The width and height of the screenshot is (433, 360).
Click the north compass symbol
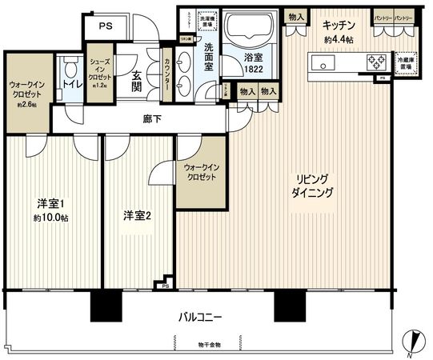click(x=413, y=342)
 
